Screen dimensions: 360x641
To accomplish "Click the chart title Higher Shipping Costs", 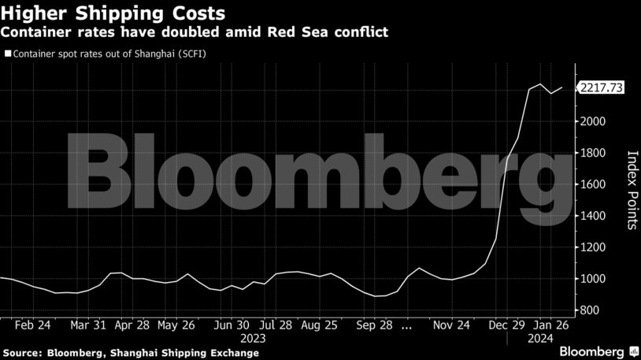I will point(114,13).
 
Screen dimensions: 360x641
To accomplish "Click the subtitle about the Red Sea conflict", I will point(194,32).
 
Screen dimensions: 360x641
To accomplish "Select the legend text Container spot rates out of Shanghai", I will point(109,54).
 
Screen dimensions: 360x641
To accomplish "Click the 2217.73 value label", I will point(601,88).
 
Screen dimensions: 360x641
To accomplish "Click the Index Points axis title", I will point(631,190).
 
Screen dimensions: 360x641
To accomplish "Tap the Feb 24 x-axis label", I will point(33,325).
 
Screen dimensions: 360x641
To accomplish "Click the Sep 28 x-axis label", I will point(374,325).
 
